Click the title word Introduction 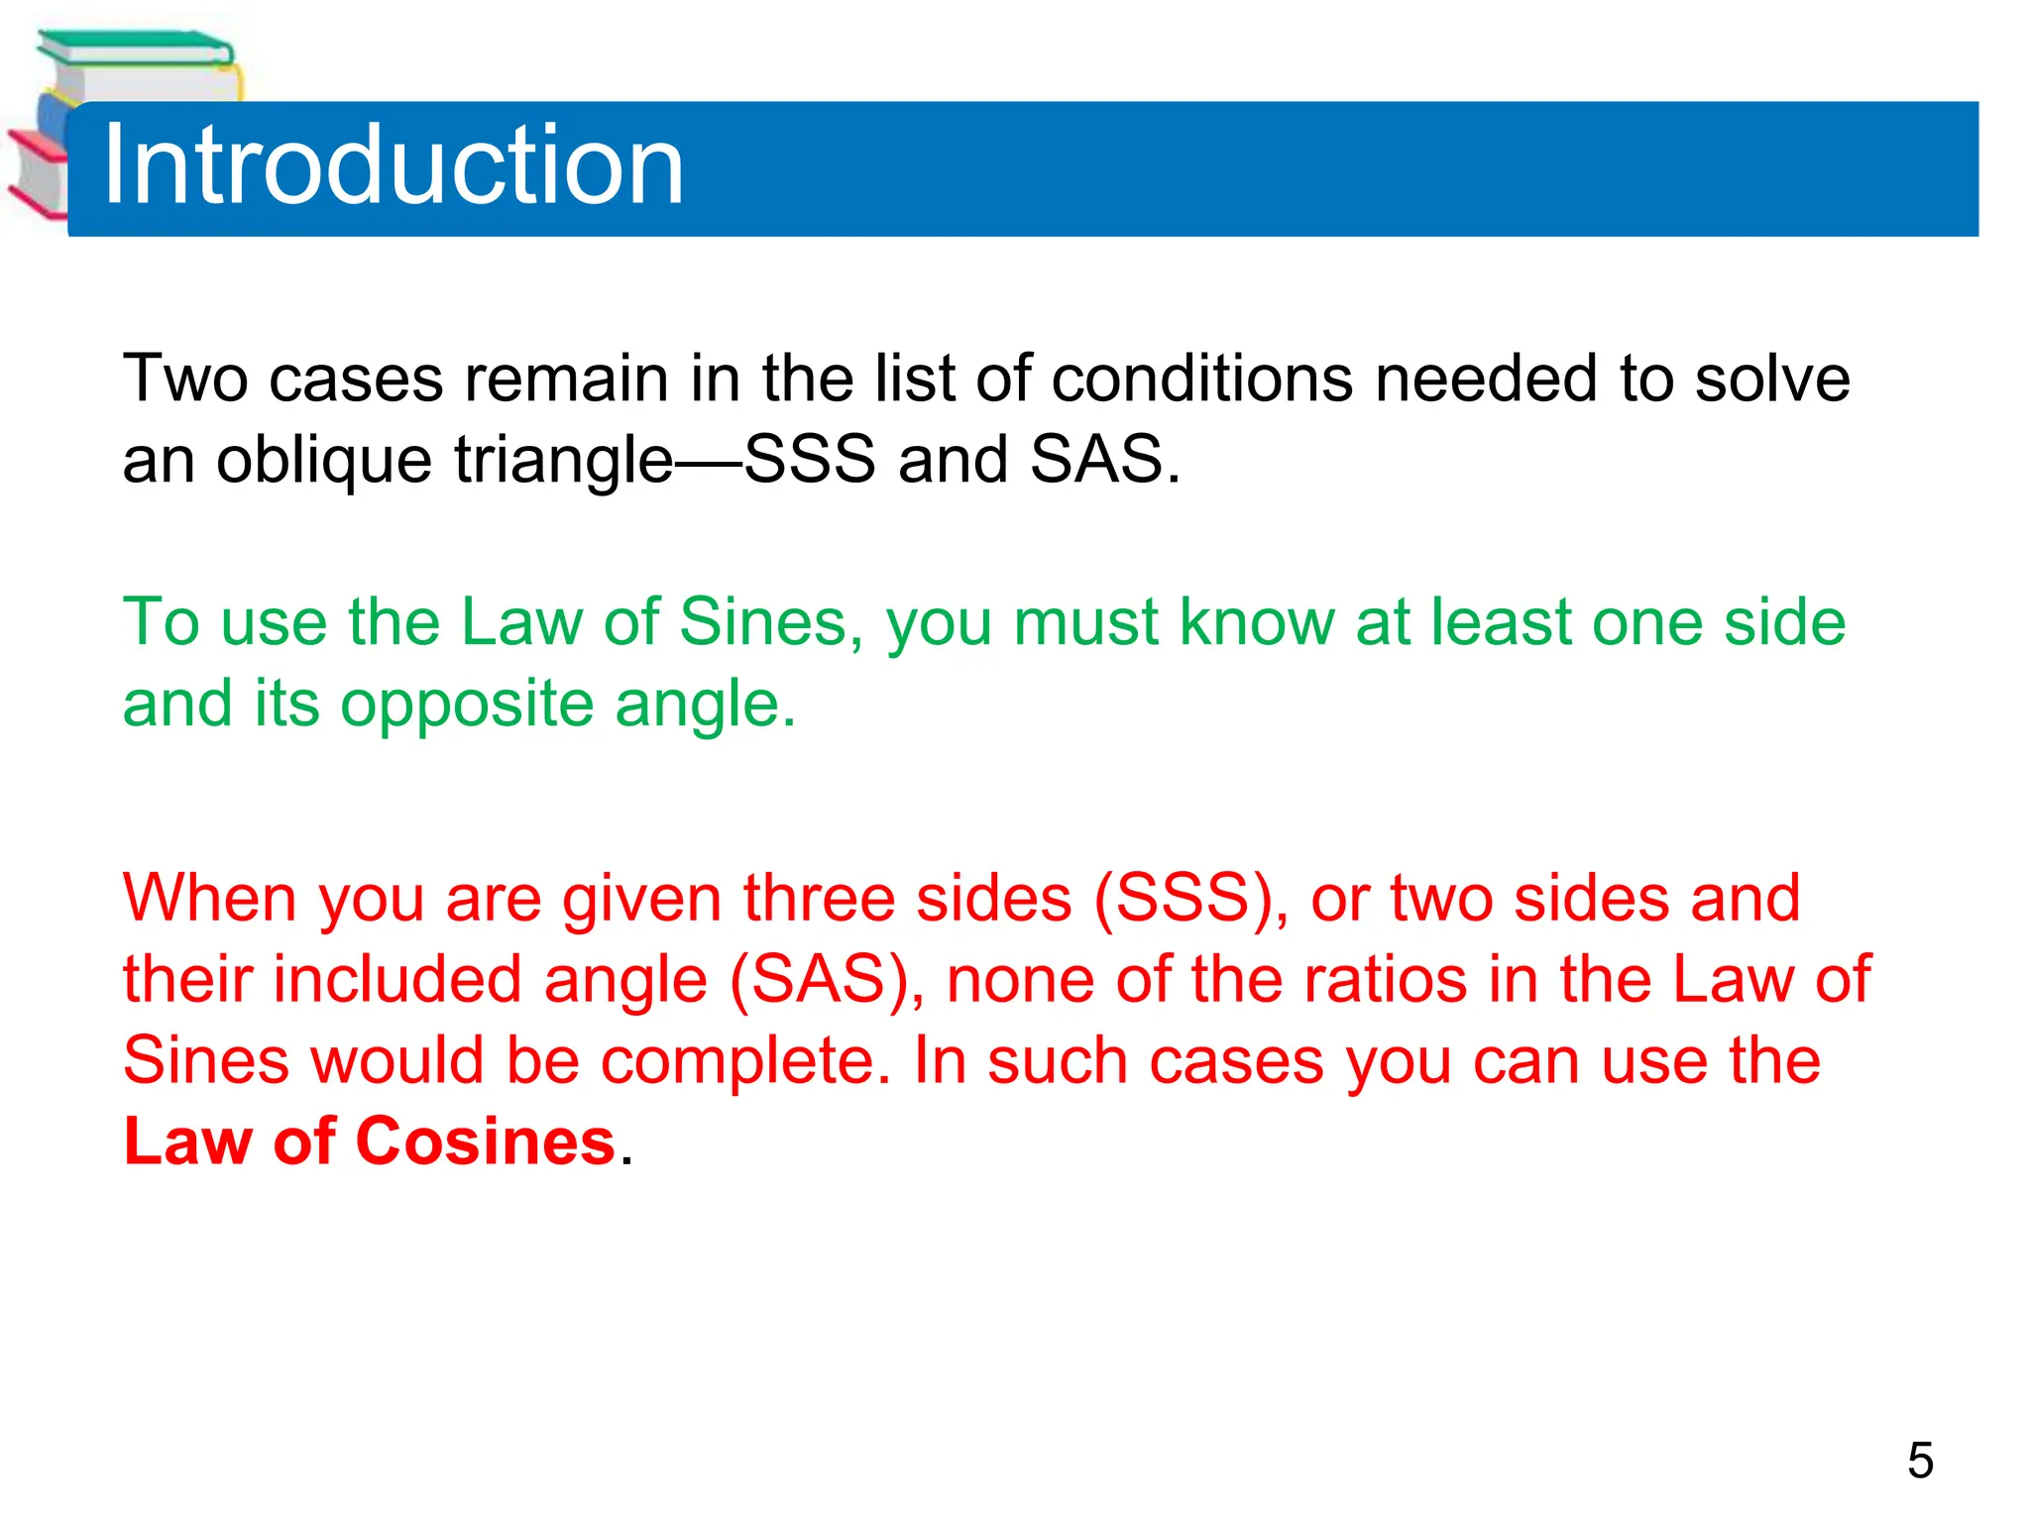(x=393, y=164)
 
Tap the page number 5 (x=1919, y=1461)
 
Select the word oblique (x=323, y=460)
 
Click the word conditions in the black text (x=1201, y=379)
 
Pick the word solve (x=1772, y=379)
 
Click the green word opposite (x=467, y=705)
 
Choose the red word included (x=396, y=979)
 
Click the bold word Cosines (x=486, y=1141)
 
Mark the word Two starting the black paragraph (x=184, y=379)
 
